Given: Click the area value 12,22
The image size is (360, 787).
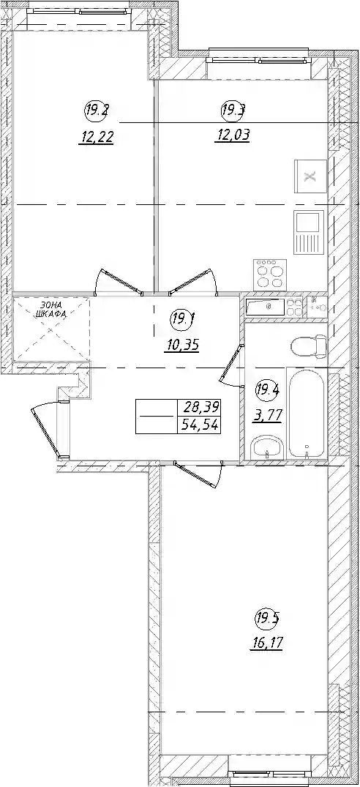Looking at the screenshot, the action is click(x=96, y=136).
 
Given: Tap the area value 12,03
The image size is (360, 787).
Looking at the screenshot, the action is click(x=232, y=135).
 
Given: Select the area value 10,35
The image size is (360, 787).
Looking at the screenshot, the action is click(x=182, y=346).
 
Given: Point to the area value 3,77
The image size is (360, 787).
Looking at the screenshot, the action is click(x=268, y=415).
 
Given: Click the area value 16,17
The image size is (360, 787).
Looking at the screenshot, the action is click(x=266, y=643).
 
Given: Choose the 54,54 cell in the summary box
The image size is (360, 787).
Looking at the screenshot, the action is click(x=200, y=425).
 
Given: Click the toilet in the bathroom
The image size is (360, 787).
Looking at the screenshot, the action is click(x=308, y=346).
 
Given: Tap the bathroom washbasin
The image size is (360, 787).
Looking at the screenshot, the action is click(x=268, y=447).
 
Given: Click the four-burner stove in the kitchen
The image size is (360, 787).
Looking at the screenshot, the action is click(x=271, y=274).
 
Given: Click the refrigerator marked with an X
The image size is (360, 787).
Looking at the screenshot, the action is click(x=310, y=176).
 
